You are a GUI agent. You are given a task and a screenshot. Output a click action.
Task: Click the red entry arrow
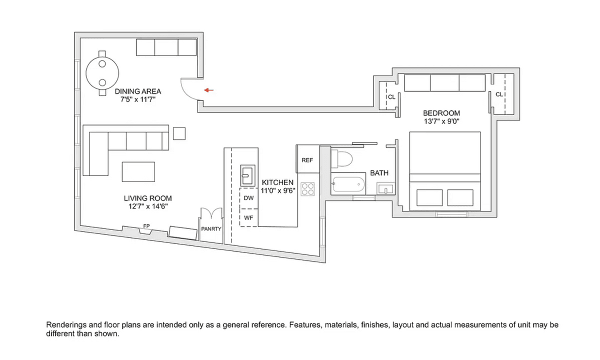tap(209, 90)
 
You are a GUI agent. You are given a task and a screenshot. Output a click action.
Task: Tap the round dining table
tap(102, 73)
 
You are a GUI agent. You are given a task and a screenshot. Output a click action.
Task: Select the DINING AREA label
tap(138, 91)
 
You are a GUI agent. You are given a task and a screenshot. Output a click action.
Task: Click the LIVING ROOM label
tap(147, 198)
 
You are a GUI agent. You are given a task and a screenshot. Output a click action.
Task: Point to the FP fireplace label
tap(146, 226)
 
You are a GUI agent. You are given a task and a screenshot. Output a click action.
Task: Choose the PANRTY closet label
tap(211, 229)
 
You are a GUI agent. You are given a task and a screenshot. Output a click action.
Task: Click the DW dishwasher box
tap(248, 198)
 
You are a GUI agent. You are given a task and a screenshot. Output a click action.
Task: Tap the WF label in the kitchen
tap(248, 218)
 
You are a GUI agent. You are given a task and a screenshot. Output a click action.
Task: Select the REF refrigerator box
tap(307, 159)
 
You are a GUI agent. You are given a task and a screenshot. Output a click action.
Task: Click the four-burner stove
tap(307, 189)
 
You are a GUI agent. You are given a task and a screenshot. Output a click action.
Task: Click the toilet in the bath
tap(341, 158)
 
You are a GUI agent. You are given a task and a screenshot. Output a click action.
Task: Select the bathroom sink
tap(385, 188)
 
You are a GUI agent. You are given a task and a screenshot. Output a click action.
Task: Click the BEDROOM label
tap(441, 113)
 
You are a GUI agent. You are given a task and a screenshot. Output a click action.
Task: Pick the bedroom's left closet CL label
tap(391, 97)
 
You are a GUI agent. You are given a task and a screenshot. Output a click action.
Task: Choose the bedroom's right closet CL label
tap(499, 94)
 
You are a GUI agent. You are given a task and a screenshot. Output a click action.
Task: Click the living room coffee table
tap(138, 171)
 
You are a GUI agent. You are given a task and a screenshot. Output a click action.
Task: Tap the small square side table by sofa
tap(179, 133)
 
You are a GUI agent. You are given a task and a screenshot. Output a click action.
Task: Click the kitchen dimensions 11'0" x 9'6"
tap(278, 190)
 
